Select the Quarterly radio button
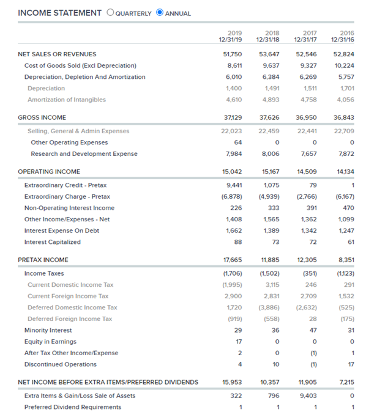pyautogui.click(x=110, y=13)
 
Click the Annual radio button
pyautogui.click(x=160, y=13)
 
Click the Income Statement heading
pyautogui.click(x=60, y=13)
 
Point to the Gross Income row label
pyautogui.click(x=42, y=117)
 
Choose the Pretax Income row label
pyautogui.click(x=43, y=260)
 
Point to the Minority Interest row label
pyautogui.click(x=49, y=330)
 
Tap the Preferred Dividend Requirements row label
pyautogui.click(x=73, y=407)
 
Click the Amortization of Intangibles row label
pyautogui.click(x=67, y=100)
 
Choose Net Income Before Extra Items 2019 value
pyautogui.click(x=233, y=382)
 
